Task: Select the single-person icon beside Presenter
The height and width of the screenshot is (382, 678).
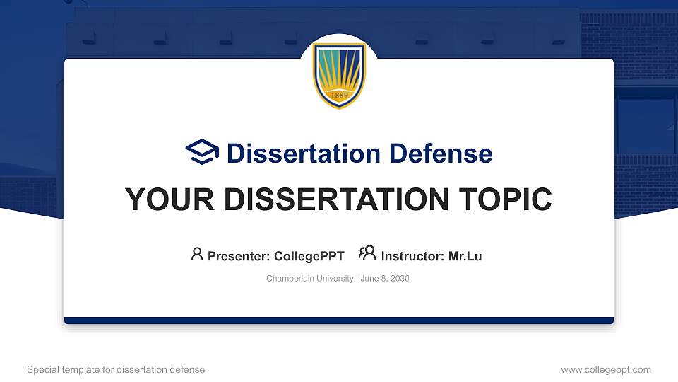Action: point(197,254)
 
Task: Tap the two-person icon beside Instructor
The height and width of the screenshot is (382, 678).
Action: point(367,253)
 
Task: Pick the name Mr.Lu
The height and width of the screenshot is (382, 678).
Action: point(465,257)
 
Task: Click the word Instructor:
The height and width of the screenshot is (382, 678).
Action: point(412,257)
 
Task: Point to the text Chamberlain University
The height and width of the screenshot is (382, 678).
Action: point(309,279)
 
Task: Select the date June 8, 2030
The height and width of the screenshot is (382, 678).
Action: point(385,279)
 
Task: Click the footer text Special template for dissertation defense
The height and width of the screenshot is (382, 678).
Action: point(116,369)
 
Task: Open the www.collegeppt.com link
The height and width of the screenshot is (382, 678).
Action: point(606,369)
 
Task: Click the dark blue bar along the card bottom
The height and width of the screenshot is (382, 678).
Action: point(339,320)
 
